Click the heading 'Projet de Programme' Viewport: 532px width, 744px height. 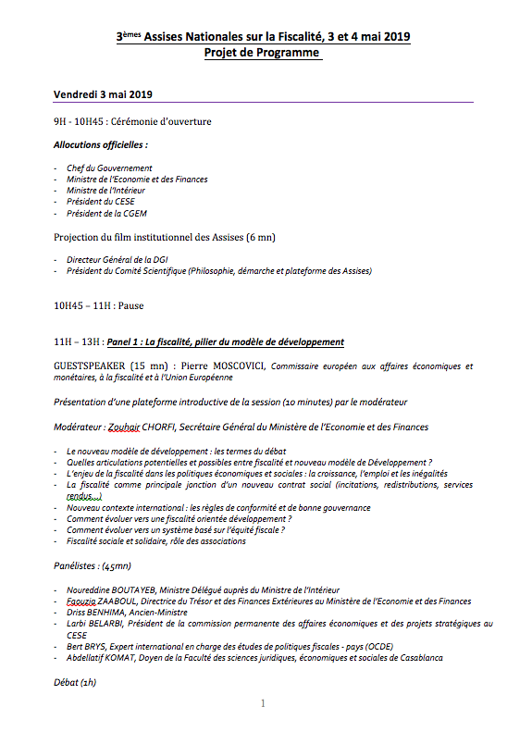click(263, 54)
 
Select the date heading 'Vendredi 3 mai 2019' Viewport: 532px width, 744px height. click(103, 95)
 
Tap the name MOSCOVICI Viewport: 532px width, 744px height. click(231, 366)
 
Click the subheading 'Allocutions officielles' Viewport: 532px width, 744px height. click(101, 145)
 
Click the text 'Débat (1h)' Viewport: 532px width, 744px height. click(75, 682)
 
